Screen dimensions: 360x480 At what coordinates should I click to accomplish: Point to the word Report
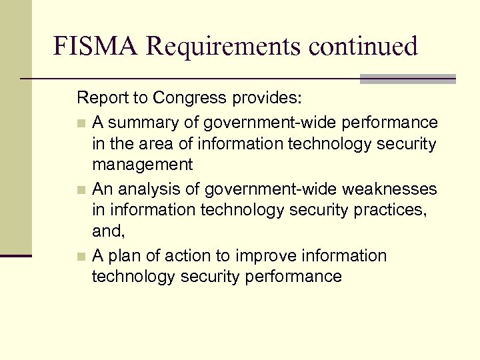pos(100,99)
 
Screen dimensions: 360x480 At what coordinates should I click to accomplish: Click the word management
pos(143,164)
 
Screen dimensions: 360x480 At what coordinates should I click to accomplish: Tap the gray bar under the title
pos(407,79)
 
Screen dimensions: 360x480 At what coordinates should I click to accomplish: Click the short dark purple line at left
pos(16,255)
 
